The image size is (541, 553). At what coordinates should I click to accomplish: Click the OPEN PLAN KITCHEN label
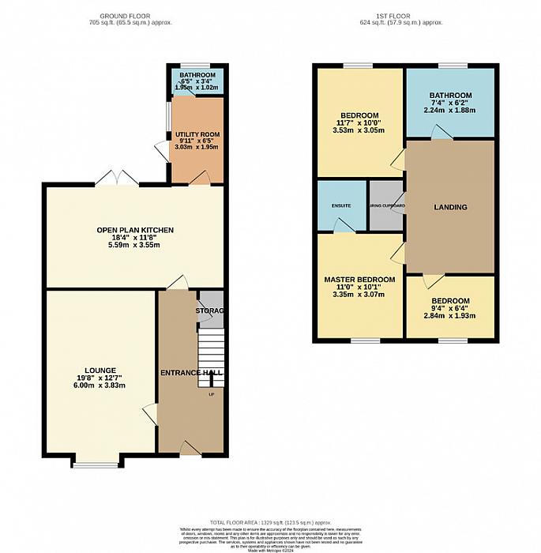(135, 230)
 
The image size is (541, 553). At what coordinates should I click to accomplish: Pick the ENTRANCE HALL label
(191, 372)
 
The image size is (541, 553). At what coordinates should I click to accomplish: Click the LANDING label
(450, 207)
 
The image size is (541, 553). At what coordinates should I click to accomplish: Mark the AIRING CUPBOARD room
(386, 206)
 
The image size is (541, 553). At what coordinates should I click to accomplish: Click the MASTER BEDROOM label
(359, 280)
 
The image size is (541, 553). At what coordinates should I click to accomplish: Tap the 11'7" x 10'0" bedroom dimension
(359, 122)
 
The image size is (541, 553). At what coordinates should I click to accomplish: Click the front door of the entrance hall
(190, 450)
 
